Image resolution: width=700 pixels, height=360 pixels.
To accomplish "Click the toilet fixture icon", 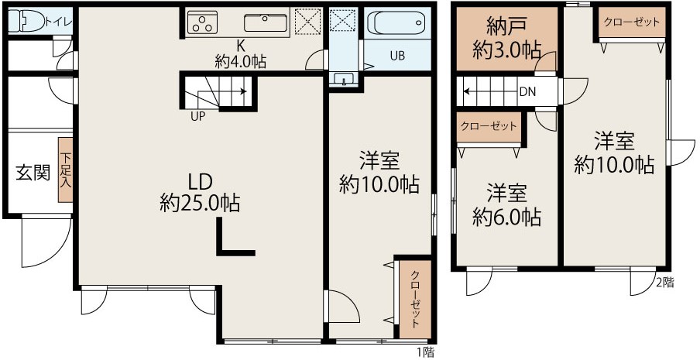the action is (x=27, y=21).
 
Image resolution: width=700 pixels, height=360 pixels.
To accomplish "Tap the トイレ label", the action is (x=58, y=21).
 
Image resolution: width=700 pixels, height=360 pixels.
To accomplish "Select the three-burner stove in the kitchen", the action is (x=202, y=22).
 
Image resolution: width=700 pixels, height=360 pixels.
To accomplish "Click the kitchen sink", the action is (x=265, y=22).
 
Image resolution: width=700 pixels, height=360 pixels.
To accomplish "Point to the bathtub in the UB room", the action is (x=397, y=22).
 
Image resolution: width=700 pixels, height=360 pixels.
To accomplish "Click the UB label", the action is (x=397, y=57).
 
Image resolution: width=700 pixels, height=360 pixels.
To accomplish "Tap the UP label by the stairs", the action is (x=197, y=117).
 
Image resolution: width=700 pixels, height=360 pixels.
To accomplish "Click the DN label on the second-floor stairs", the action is (x=527, y=92).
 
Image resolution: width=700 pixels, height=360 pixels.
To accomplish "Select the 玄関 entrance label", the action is (x=33, y=172).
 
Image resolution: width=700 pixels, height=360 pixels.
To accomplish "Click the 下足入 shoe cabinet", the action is (x=65, y=170).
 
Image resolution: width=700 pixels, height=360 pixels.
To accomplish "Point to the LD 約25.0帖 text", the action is (x=200, y=193).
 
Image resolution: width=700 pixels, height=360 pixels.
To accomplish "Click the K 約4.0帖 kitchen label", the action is (x=241, y=54).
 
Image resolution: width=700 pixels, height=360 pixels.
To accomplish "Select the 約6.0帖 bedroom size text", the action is (x=506, y=218).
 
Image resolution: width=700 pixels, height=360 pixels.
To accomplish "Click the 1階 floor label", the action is (x=426, y=352).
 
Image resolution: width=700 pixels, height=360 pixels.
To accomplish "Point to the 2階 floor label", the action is (x=664, y=283).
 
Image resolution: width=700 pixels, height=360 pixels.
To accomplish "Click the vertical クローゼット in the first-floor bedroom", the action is (x=415, y=299).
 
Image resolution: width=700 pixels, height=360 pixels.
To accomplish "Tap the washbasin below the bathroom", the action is (x=343, y=79).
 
